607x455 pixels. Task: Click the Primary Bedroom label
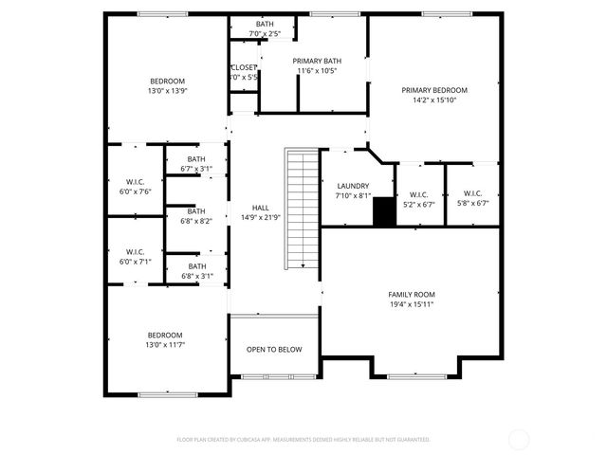434,90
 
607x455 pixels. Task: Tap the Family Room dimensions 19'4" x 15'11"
411,304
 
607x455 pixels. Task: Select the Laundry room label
351,186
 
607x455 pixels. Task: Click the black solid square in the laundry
383,211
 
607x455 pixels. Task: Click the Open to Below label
274,350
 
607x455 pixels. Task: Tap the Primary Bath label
317,61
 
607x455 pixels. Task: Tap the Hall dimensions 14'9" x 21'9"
260,217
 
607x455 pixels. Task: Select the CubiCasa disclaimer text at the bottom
303,440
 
